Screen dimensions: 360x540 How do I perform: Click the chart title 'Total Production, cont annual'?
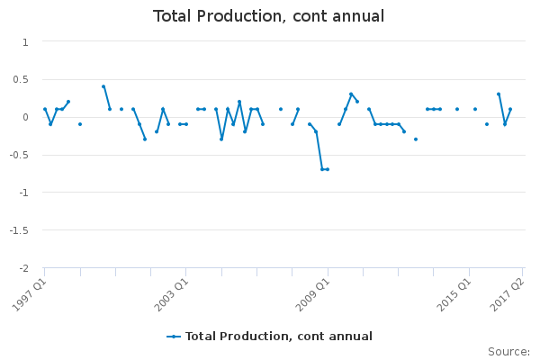click(269, 16)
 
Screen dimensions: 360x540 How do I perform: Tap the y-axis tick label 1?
click(25, 41)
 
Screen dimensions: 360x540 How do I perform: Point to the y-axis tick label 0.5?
click(21, 79)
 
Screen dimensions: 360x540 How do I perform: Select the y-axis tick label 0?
click(25, 117)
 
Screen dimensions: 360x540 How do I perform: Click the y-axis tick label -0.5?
click(19, 155)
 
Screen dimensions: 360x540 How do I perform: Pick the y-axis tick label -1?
click(23, 193)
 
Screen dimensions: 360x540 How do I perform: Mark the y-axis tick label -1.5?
click(19, 230)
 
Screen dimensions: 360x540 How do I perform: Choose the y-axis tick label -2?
click(23, 268)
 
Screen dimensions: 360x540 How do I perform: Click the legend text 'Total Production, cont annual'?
click(279, 337)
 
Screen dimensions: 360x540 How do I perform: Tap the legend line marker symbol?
click(174, 337)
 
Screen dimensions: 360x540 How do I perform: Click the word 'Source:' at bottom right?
click(508, 352)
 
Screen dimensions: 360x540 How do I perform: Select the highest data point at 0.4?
click(103, 86)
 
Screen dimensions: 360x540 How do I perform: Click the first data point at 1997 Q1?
click(44, 109)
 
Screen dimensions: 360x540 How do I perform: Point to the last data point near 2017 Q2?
click(510, 109)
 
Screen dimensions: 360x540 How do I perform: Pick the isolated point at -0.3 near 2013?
click(416, 139)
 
